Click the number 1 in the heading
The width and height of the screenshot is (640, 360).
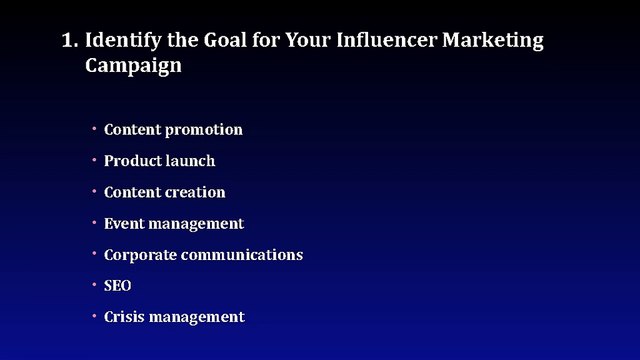[x=68, y=42]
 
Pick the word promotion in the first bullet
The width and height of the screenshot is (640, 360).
[x=203, y=130]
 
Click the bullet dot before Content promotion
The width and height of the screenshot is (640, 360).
[x=93, y=129]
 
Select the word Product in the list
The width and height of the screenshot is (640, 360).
[x=132, y=161]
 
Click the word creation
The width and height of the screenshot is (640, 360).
[x=196, y=192]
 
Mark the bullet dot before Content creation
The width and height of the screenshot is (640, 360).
[x=93, y=191]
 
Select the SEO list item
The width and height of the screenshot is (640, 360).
[x=118, y=286]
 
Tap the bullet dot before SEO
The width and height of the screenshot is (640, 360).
[x=93, y=285]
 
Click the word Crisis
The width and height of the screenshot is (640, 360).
[x=125, y=317]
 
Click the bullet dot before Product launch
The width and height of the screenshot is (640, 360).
[x=93, y=160]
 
